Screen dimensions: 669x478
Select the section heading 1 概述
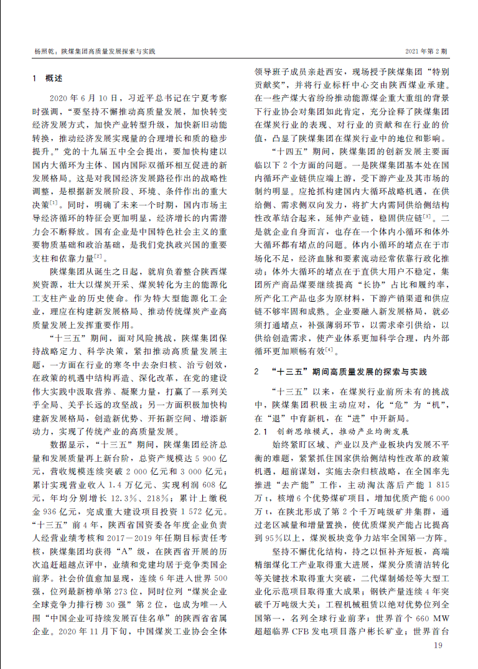47,79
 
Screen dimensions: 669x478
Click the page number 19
438,646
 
